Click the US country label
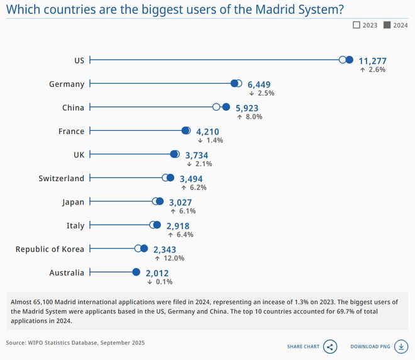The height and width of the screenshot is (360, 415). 79,60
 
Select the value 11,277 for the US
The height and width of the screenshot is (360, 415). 372,61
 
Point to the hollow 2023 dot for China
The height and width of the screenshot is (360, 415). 216,108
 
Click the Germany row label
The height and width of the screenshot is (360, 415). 67,84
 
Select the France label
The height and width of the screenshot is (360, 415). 71,132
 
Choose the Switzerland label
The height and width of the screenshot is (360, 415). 61,179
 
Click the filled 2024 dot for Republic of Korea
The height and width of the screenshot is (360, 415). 143,249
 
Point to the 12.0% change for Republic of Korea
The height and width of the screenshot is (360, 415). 174,258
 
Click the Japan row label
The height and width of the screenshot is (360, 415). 73,202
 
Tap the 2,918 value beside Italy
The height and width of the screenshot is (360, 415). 178,226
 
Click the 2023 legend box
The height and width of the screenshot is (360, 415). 357,25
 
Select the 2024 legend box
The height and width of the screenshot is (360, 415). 387,25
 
